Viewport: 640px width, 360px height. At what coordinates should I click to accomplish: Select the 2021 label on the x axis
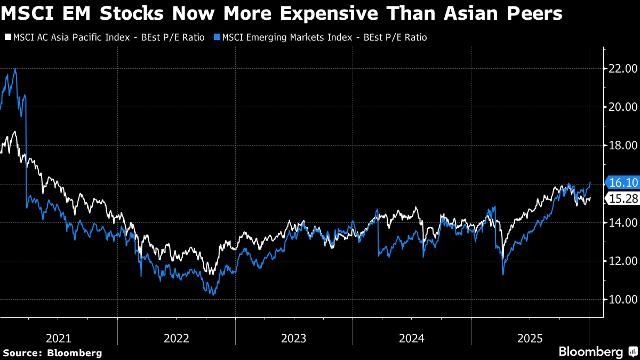coord(59,338)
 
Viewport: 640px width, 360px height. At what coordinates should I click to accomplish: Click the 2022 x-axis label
coord(177,338)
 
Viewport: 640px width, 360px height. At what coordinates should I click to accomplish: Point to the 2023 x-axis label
coord(294,338)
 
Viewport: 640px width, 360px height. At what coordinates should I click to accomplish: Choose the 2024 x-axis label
coord(412,338)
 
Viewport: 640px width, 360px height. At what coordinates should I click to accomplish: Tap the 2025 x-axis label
coord(530,338)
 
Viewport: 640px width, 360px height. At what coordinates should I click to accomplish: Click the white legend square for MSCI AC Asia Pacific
coord(7,37)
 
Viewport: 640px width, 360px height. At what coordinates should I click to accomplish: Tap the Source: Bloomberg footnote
coord(52,353)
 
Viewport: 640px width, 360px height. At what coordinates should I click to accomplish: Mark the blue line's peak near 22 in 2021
coord(15,69)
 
